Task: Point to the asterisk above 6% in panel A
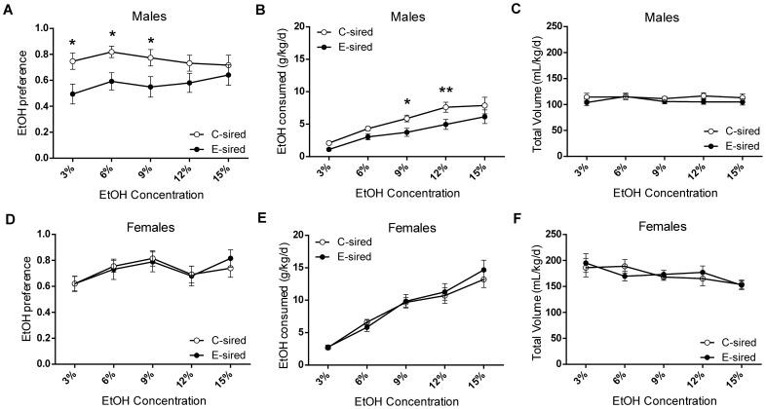click(x=112, y=35)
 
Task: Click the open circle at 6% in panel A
click(x=112, y=52)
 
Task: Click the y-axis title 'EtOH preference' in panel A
click(x=11, y=93)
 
